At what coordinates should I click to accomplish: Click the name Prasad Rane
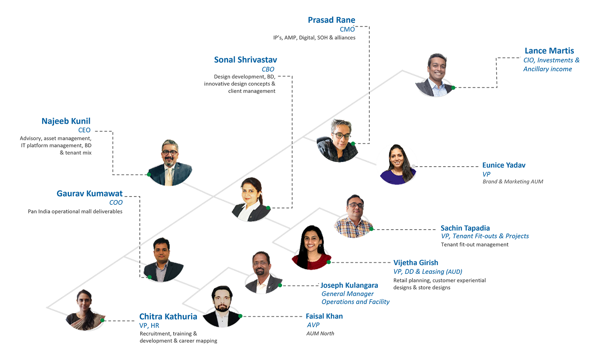point(331,20)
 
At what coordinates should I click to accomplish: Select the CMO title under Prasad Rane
point(347,29)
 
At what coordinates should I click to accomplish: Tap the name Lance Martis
point(549,51)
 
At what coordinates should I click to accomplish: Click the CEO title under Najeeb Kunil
point(84,130)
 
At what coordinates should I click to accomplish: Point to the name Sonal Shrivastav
point(245,60)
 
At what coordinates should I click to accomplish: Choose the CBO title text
point(268,69)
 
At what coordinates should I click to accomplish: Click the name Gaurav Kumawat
point(89,193)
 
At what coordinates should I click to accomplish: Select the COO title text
point(116,202)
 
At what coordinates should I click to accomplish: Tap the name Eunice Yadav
point(504,165)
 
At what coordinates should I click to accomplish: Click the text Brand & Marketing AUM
point(512,182)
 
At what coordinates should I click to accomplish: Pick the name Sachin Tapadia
point(465,228)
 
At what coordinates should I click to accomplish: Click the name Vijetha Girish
point(416,263)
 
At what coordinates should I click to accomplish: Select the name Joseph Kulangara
point(349,286)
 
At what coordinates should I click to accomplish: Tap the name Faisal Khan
point(324,316)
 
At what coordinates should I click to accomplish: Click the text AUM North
point(320,334)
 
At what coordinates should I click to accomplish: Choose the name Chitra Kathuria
point(168,317)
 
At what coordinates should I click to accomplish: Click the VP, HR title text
point(149,326)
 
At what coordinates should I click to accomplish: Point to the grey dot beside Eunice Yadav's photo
point(413,166)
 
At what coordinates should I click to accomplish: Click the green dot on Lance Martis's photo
point(453,87)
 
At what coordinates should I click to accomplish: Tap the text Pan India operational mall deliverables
point(75,212)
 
